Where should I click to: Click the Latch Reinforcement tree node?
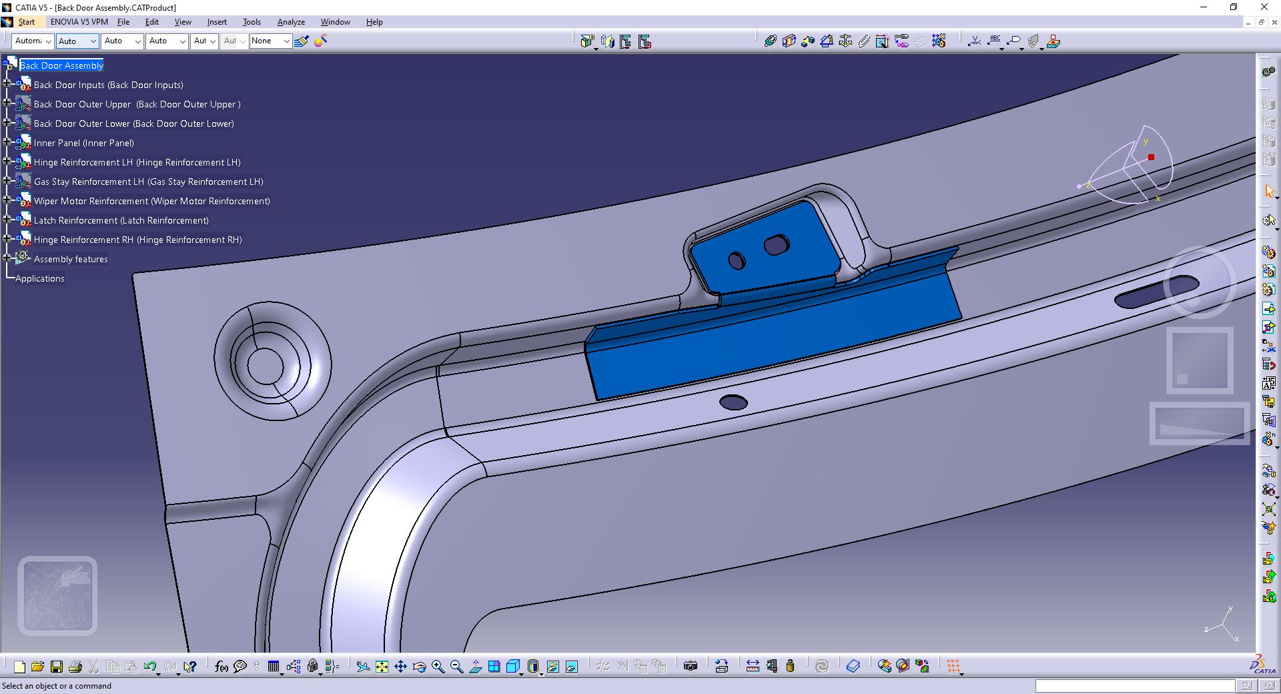[x=121, y=220]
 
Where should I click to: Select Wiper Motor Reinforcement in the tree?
[x=151, y=201]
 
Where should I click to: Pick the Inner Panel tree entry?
[x=83, y=143]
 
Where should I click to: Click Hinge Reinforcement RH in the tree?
[x=137, y=240]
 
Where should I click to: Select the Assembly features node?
[x=71, y=259]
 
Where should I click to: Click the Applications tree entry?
[x=40, y=278]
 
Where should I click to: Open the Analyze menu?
[x=291, y=22]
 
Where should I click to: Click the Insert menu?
[x=217, y=22]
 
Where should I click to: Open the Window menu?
[x=335, y=22]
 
